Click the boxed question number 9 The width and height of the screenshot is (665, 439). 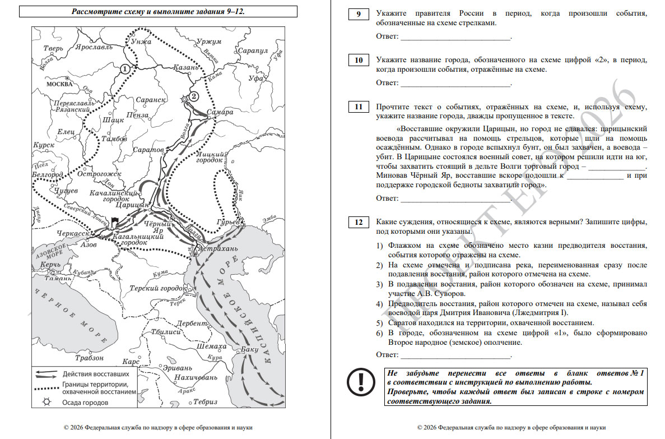(x=358, y=14)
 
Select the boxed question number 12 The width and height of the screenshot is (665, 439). (x=358, y=223)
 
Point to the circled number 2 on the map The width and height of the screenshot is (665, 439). (x=194, y=96)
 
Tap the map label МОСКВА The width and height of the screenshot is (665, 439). (x=59, y=84)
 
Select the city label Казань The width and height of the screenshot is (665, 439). (x=187, y=67)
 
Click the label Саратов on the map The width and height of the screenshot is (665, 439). (x=148, y=150)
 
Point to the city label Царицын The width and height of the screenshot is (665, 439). (x=133, y=206)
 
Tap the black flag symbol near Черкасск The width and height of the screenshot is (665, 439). (x=115, y=222)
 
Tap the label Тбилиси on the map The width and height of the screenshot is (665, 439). (x=165, y=332)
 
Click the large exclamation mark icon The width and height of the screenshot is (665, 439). (x=360, y=382)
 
